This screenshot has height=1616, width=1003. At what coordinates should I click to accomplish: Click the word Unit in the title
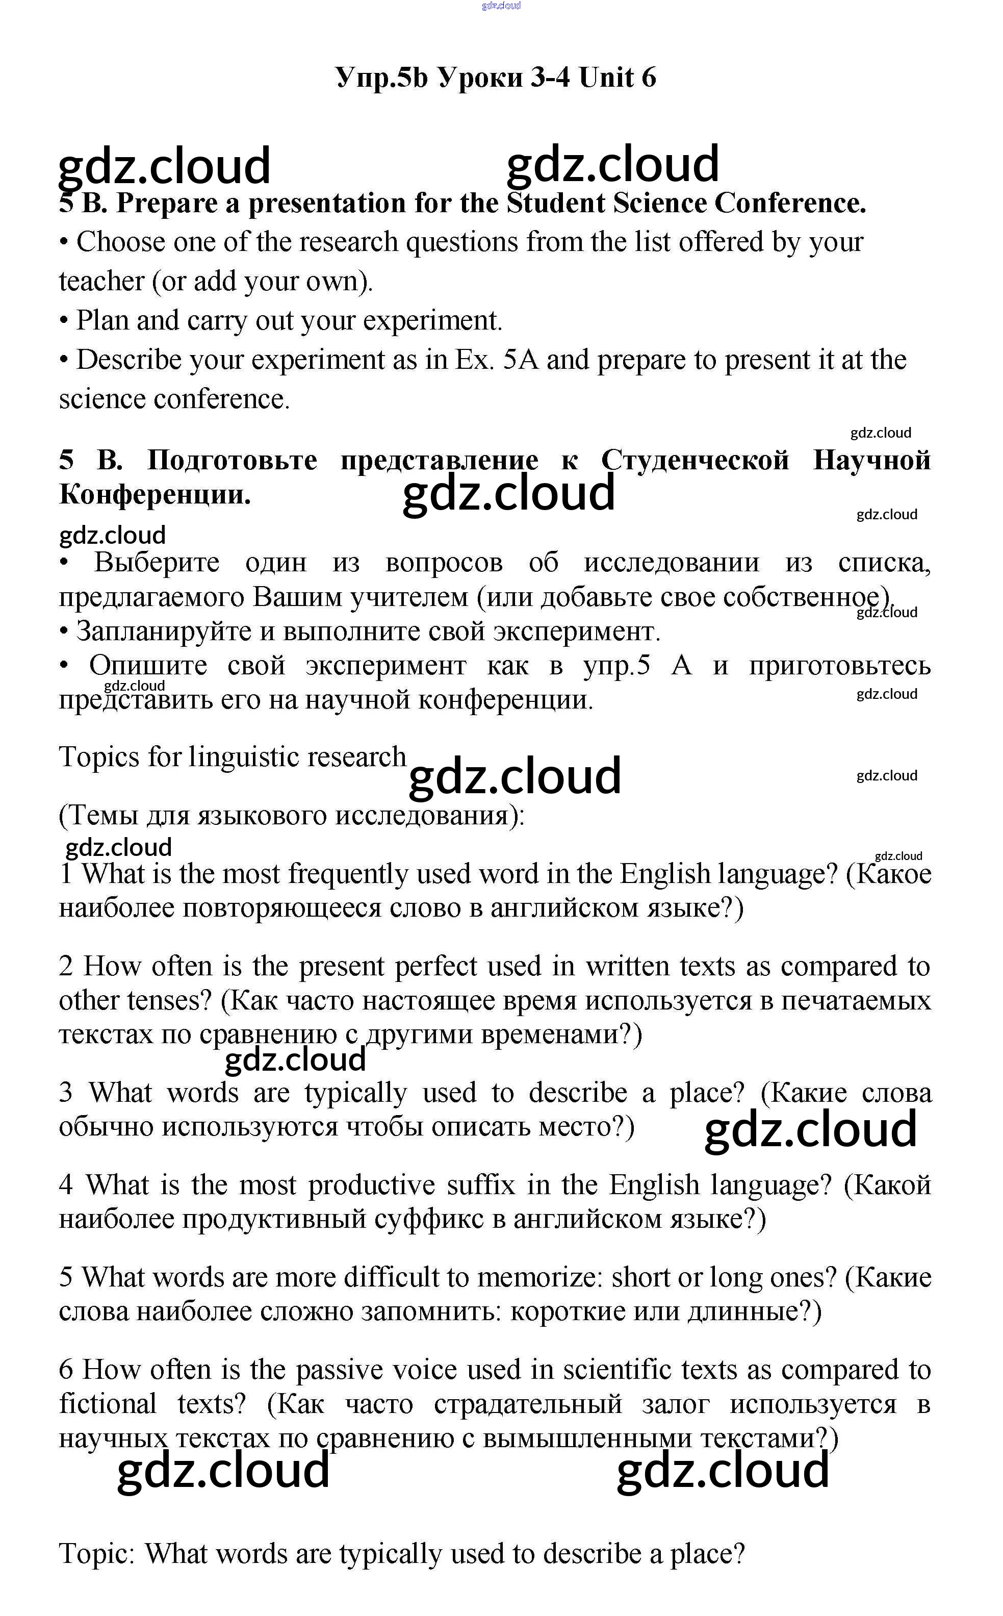click(606, 79)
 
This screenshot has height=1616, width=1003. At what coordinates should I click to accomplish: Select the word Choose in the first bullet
click(121, 242)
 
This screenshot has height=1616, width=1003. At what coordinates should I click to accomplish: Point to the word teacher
click(101, 282)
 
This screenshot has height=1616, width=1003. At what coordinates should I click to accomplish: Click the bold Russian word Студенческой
click(695, 460)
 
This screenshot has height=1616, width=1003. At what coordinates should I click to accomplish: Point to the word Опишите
click(148, 665)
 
